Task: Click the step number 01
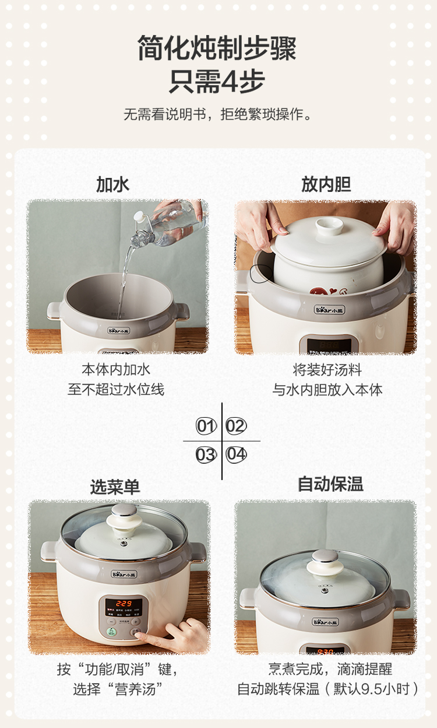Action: (x=206, y=426)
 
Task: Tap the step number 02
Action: (x=236, y=426)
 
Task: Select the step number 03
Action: (x=206, y=454)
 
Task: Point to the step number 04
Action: (x=236, y=454)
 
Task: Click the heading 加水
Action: (x=112, y=184)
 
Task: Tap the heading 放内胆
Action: (x=326, y=184)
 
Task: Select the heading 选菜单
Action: (x=115, y=487)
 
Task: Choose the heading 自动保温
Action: (x=330, y=484)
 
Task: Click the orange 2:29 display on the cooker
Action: (x=124, y=604)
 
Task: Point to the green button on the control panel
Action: (x=112, y=632)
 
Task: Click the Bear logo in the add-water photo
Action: (x=119, y=331)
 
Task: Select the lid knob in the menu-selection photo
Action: (x=124, y=518)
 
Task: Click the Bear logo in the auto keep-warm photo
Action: (x=325, y=622)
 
